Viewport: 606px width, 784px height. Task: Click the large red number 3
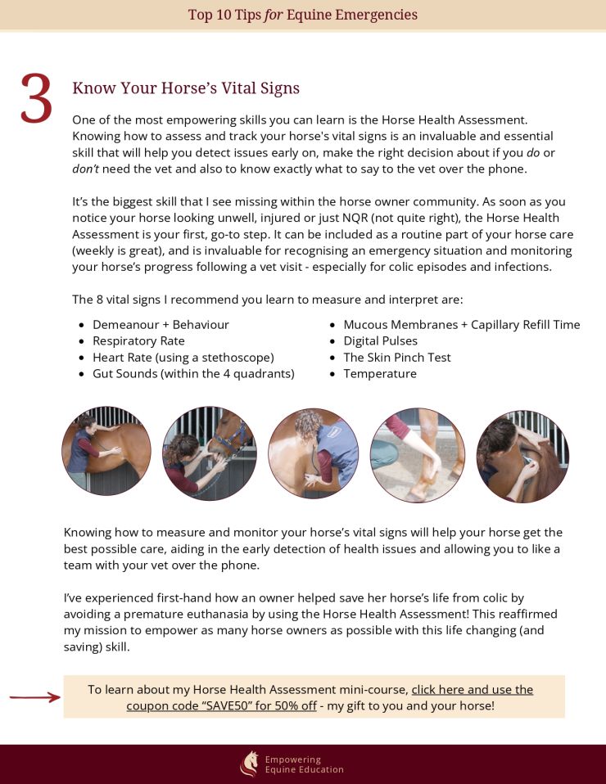(x=37, y=98)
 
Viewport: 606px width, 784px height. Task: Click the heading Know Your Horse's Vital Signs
(x=186, y=88)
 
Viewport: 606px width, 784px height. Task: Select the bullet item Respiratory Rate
(x=138, y=341)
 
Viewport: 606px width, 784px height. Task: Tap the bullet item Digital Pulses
(x=380, y=341)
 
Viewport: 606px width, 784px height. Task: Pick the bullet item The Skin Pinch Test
(x=397, y=358)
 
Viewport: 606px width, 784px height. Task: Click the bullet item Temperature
(x=380, y=374)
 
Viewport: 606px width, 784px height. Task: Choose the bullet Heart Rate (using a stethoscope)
(x=183, y=358)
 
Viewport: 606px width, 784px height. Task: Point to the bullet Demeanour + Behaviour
(x=161, y=325)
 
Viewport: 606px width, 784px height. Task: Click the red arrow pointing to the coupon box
(x=34, y=697)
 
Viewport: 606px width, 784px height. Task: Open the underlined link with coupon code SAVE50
(x=330, y=697)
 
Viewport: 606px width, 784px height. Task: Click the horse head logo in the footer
(x=250, y=764)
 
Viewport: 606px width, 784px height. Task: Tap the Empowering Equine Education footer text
(x=305, y=764)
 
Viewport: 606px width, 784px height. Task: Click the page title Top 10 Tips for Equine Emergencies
(x=303, y=15)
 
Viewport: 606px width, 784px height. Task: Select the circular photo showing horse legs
(x=418, y=455)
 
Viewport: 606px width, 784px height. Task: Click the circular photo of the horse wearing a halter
(x=209, y=453)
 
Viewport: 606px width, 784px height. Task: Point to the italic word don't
(x=85, y=169)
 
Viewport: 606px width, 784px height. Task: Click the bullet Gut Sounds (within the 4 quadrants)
(x=193, y=374)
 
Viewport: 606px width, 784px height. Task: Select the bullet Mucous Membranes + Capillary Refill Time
(x=461, y=325)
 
